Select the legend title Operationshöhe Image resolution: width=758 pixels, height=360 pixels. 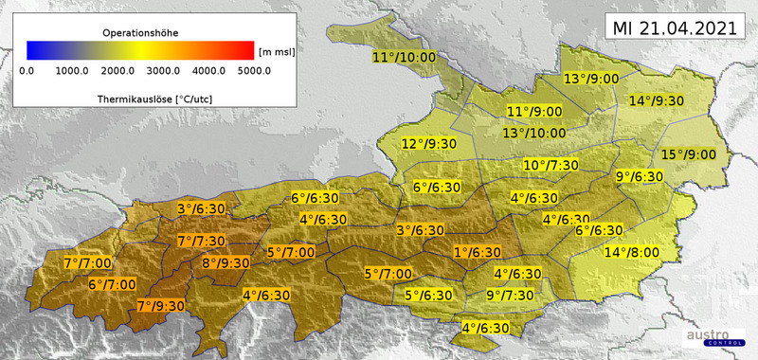click(x=139, y=32)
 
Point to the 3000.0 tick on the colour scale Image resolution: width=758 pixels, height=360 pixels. click(x=163, y=69)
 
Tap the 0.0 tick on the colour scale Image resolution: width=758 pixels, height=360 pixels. click(x=27, y=69)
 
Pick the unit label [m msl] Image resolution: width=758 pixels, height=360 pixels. click(x=276, y=51)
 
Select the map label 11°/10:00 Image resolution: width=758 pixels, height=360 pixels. click(x=404, y=58)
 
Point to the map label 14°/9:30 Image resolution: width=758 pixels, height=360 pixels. click(x=658, y=101)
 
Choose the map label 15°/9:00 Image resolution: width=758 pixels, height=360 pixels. click(x=688, y=154)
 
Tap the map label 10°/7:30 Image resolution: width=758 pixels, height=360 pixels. click(x=550, y=166)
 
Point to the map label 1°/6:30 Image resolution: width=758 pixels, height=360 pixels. click(x=477, y=252)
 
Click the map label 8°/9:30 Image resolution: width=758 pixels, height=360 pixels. click(x=226, y=262)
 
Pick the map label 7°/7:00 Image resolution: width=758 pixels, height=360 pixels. click(x=87, y=262)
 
